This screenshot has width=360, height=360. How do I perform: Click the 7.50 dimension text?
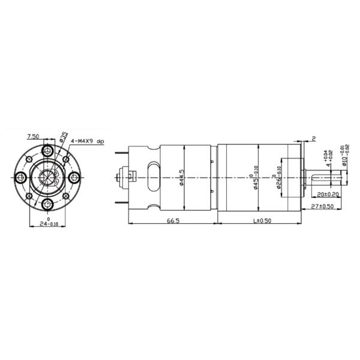[x=33, y=137]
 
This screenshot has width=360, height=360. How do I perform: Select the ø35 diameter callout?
[x=63, y=137]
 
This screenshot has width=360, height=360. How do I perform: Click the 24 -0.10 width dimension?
[x=47, y=223]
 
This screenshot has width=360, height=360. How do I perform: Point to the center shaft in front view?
[x=48, y=177]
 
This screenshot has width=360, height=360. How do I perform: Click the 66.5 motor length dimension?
[x=173, y=221]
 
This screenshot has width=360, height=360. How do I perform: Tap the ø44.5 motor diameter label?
[x=182, y=177]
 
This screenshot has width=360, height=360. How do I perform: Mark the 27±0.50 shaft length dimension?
[x=325, y=206]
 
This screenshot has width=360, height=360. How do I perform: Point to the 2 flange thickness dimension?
[x=313, y=139]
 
